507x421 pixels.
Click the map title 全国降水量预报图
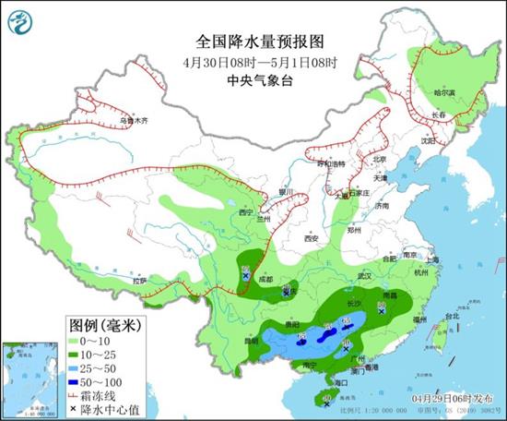pos(253,42)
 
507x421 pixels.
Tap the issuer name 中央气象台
pos(253,81)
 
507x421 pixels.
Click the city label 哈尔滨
pos(444,92)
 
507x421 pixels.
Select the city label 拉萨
pos(138,280)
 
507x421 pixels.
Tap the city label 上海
pos(436,261)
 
